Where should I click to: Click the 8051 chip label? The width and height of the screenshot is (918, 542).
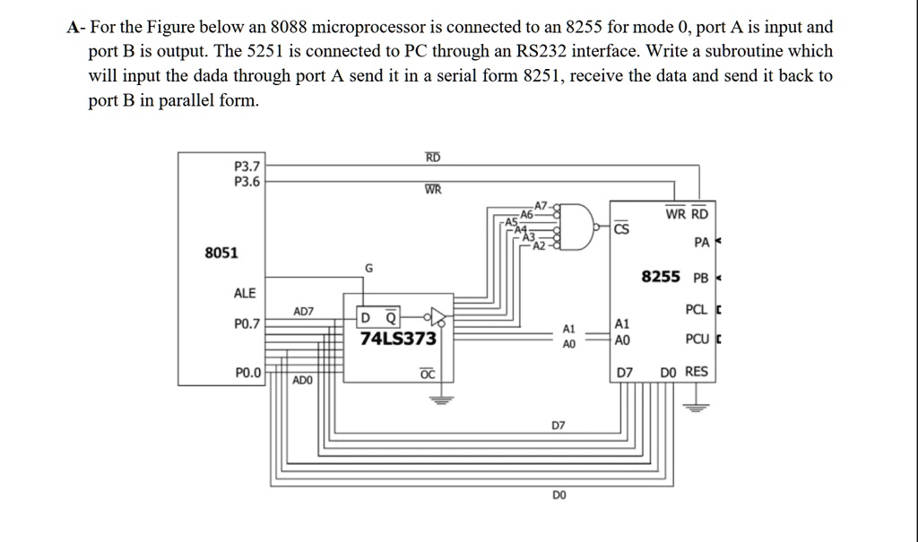(221, 253)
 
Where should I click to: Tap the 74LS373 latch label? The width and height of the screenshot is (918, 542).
(398, 340)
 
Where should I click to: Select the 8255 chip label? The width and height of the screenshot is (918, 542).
(661, 277)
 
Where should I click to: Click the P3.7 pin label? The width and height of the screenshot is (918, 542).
(246, 166)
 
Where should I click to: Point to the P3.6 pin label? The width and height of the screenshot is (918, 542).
(246, 180)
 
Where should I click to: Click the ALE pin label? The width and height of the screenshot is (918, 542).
(245, 293)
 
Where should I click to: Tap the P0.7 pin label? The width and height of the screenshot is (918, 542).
(247, 324)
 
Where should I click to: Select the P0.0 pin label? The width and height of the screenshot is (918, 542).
(247, 372)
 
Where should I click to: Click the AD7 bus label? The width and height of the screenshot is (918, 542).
(304, 311)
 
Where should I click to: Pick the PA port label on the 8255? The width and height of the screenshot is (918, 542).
(701, 243)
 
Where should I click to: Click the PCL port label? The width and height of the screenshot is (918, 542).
(696, 310)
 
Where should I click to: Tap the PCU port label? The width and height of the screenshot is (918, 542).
(696, 340)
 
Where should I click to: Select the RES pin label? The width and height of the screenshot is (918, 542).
(697, 372)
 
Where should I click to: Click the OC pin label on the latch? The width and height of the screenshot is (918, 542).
(427, 374)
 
